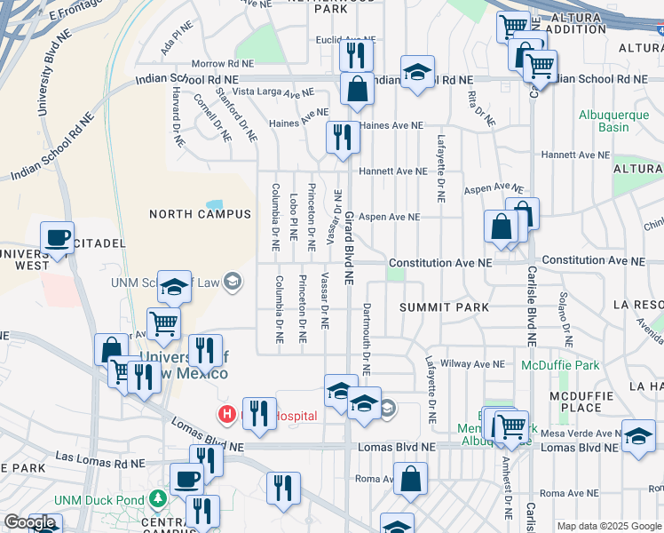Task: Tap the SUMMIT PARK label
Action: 444,307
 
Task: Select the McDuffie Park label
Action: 560,365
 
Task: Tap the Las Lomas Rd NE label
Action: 99,462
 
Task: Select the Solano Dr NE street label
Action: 563,320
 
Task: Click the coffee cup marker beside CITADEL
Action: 58,237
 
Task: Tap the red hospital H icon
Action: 226,414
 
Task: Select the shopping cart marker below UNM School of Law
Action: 164,325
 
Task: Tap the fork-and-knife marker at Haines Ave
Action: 342,137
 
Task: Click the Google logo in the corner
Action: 29,522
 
